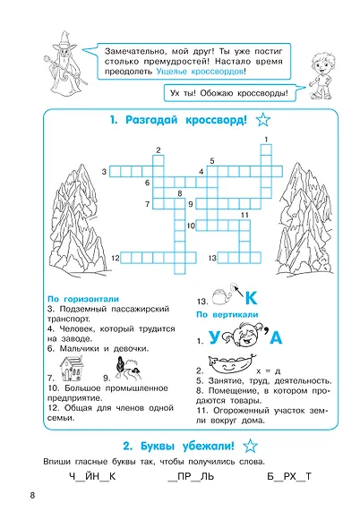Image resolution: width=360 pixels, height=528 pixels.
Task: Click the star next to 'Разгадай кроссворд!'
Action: click(x=263, y=121)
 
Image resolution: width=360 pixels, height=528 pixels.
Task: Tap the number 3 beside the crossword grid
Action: click(x=104, y=171)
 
